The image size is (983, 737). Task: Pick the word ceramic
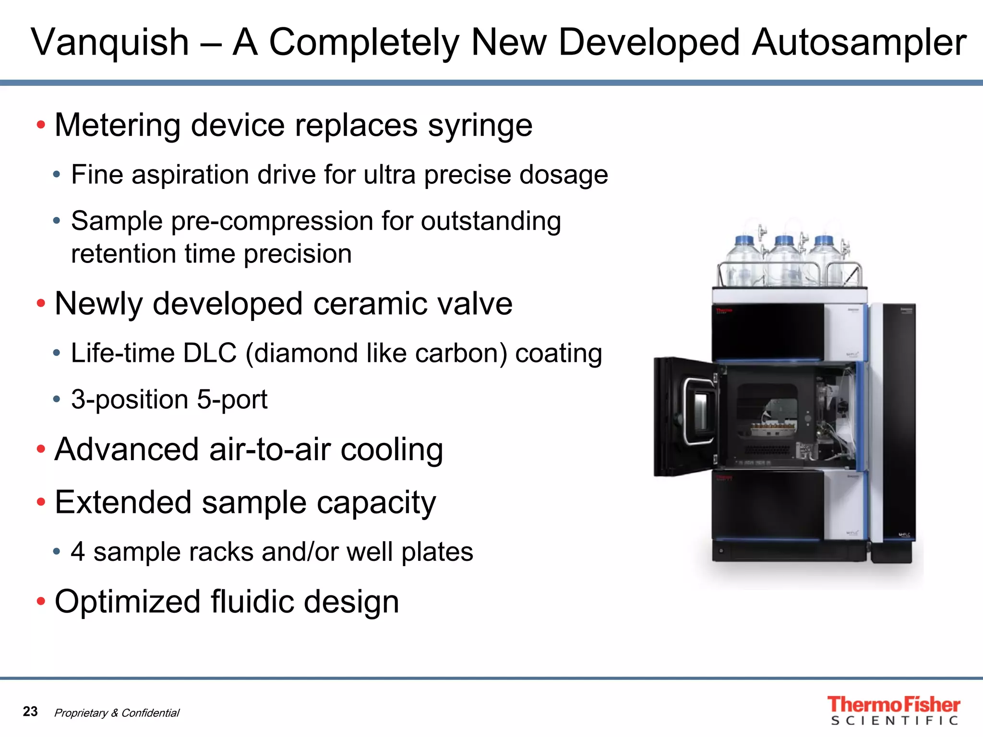tap(368, 304)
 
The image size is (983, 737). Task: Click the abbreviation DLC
tap(210, 354)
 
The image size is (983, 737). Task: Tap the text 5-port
tap(232, 400)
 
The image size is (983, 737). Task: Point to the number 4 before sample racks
tap(78, 552)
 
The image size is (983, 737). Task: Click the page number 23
tap(30, 711)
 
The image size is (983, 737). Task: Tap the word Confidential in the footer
tap(150, 713)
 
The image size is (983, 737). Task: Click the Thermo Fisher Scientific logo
tap(893, 710)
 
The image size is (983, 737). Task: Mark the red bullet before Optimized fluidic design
tap(41, 601)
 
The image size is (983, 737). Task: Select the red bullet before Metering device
tap(41, 125)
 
